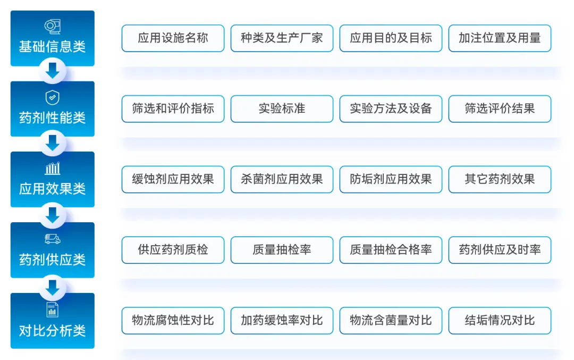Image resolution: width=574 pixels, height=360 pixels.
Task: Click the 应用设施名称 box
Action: pos(173,38)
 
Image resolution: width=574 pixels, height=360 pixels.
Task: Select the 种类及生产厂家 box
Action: pos(282,38)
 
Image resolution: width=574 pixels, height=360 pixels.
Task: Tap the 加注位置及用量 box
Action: pos(500,38)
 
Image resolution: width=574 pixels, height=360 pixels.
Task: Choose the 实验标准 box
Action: pos(282,109)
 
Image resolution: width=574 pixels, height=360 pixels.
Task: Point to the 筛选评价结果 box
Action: pos(500,109)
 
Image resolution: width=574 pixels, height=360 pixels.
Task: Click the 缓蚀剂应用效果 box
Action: pos(173,179)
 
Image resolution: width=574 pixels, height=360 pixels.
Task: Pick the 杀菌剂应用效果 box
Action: pos(282,179)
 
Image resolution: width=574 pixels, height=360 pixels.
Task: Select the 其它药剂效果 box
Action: pos(500,179)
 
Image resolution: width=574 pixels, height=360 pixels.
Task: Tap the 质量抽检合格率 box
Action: pos(391,250)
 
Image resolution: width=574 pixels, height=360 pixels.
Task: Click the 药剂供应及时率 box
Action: pos(500,250)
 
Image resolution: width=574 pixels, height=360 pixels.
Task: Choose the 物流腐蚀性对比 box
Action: pos(173,321)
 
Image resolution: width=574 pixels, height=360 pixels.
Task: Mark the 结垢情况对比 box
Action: pos(500,321)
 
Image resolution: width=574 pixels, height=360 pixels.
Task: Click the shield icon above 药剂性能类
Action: pos(52,98)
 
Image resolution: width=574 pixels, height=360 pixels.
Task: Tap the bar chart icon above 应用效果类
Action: pos(52,169)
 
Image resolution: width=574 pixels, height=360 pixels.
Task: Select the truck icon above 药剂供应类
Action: pos(52,239)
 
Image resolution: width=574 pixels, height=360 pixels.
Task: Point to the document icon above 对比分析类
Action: pos(52,310)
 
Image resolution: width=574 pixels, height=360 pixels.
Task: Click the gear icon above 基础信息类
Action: pos(52,27)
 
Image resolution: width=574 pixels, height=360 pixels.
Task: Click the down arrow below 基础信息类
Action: pos(53,71)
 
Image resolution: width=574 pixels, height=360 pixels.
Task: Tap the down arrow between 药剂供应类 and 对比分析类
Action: pos(53,288)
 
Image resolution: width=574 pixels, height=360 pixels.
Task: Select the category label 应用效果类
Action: pos(52,189)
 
